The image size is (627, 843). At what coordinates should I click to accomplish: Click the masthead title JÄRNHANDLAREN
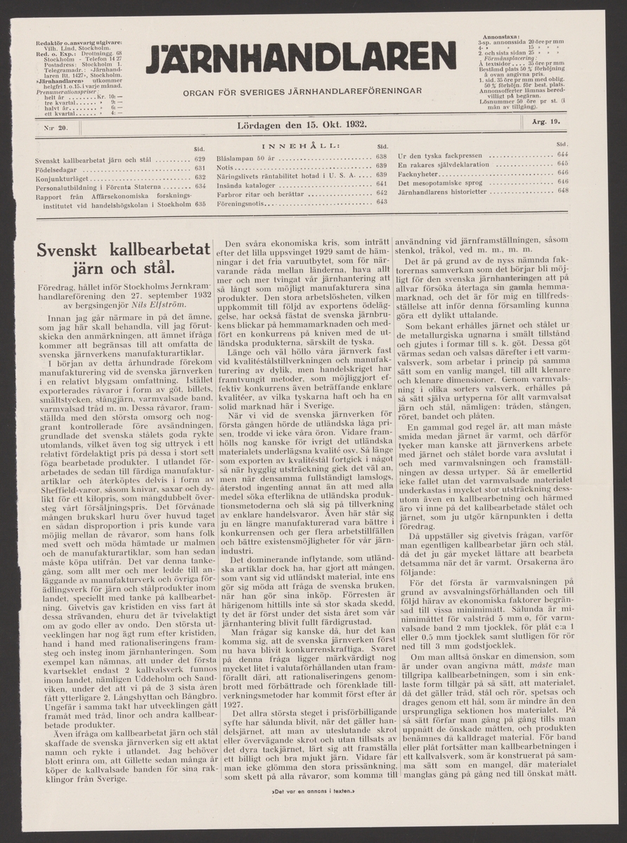tap(301, 58)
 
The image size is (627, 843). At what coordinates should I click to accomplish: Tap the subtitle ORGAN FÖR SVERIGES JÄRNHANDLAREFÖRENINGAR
tap(302, 91)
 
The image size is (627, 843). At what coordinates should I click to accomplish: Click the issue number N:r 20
tap(53, 126)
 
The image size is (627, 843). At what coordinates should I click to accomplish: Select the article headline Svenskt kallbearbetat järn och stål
tap(124, 258)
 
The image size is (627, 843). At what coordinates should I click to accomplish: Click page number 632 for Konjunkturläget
tap(199, 178)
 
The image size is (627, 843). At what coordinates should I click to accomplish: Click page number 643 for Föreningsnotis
tap(382, 202)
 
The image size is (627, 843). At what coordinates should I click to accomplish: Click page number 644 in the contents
tap(562, 155)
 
